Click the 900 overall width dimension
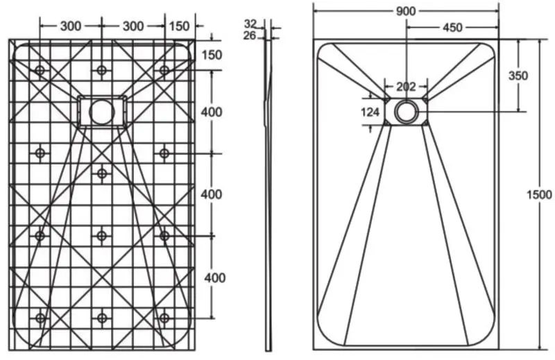pyautogui.click(x=406, y=11)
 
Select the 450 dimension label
pyautogui.click(x=452, y=27)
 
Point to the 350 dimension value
pyautogui.click(x=518, y=76)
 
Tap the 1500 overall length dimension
pyautogui.click(x=539, y=194)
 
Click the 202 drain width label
pyautogui.click(x=406, y=87)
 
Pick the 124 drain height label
pyautogui.click(x=370, y=112)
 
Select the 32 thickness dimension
pyautogui.click(x=250, y=24)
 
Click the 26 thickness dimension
pyautogui.click(x=250, y=35)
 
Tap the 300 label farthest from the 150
pyautogui.click(x=71, y=26)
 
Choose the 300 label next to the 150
pyautogui.click(x=133, y=26)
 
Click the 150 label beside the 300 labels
pyautogui.click(x=179, y=26)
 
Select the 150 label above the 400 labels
pyautogui.click(x=212, y=55)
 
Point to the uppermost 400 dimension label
pyautogui.click(x=212, y=112)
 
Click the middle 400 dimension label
pyautogui.click(x=212, y=194)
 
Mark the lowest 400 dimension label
pyautogui.click(x=215, y=278)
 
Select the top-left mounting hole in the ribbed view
pyautogui.click(x=40, y=70)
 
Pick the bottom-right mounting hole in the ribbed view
pyautogui.click(x=164, y=318)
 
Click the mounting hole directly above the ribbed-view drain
pyautogui.click(x=102, y=70)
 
